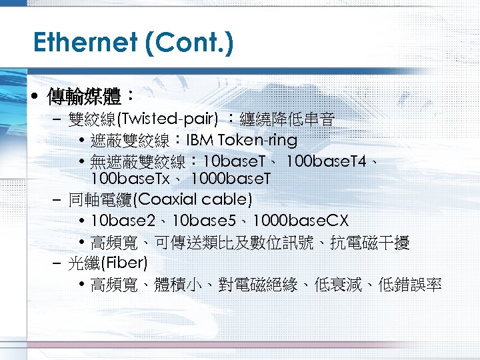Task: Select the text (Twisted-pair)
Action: [167, 120]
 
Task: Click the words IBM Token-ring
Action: [241, 141]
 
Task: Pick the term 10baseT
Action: [233, 161]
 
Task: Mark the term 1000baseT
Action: [231, 179]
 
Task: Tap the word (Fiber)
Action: [123, 262]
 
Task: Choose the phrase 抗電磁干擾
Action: [379, 243]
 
